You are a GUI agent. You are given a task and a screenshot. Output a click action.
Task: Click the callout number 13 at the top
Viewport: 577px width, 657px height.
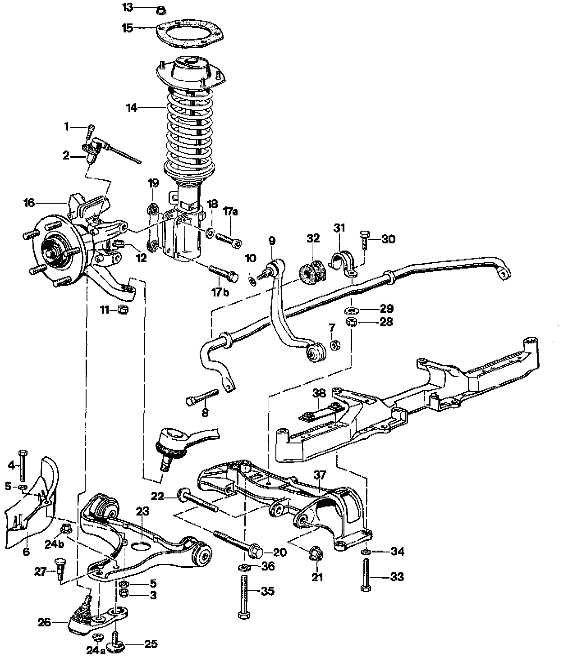click(128, 8)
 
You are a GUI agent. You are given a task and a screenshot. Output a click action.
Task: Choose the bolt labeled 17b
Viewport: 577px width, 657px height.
click(222, 272)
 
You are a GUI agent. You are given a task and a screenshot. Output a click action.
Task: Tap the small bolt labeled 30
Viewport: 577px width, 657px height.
click(365, 239)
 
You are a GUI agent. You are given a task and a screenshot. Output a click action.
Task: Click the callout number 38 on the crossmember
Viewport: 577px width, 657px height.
click(319, 393)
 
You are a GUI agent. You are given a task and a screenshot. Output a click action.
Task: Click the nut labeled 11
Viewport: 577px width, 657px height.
click(123, 310)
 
